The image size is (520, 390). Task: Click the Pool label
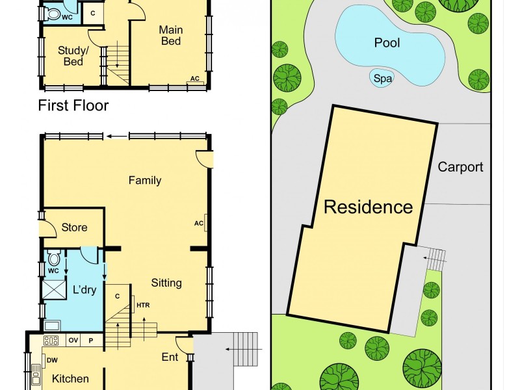[x=387, y=44]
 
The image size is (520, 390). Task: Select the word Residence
[x=368, y=207]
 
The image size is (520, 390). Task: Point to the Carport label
[x=460, y=167]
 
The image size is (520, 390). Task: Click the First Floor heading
[x=73, y=105]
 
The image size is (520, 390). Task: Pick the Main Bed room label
[x=170, y=36]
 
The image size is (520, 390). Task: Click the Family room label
[x=144, y=181]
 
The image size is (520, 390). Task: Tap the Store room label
[x=74, y=227]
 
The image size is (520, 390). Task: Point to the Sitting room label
[x=166, y=283]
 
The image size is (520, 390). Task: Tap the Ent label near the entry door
[x=170, y=357]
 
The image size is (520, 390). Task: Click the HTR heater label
[x=143, y=304]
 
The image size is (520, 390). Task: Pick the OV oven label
[x=73, y=340]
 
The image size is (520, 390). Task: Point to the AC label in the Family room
[x=199, y=223]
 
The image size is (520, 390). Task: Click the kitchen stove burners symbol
[x=51, y=340]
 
